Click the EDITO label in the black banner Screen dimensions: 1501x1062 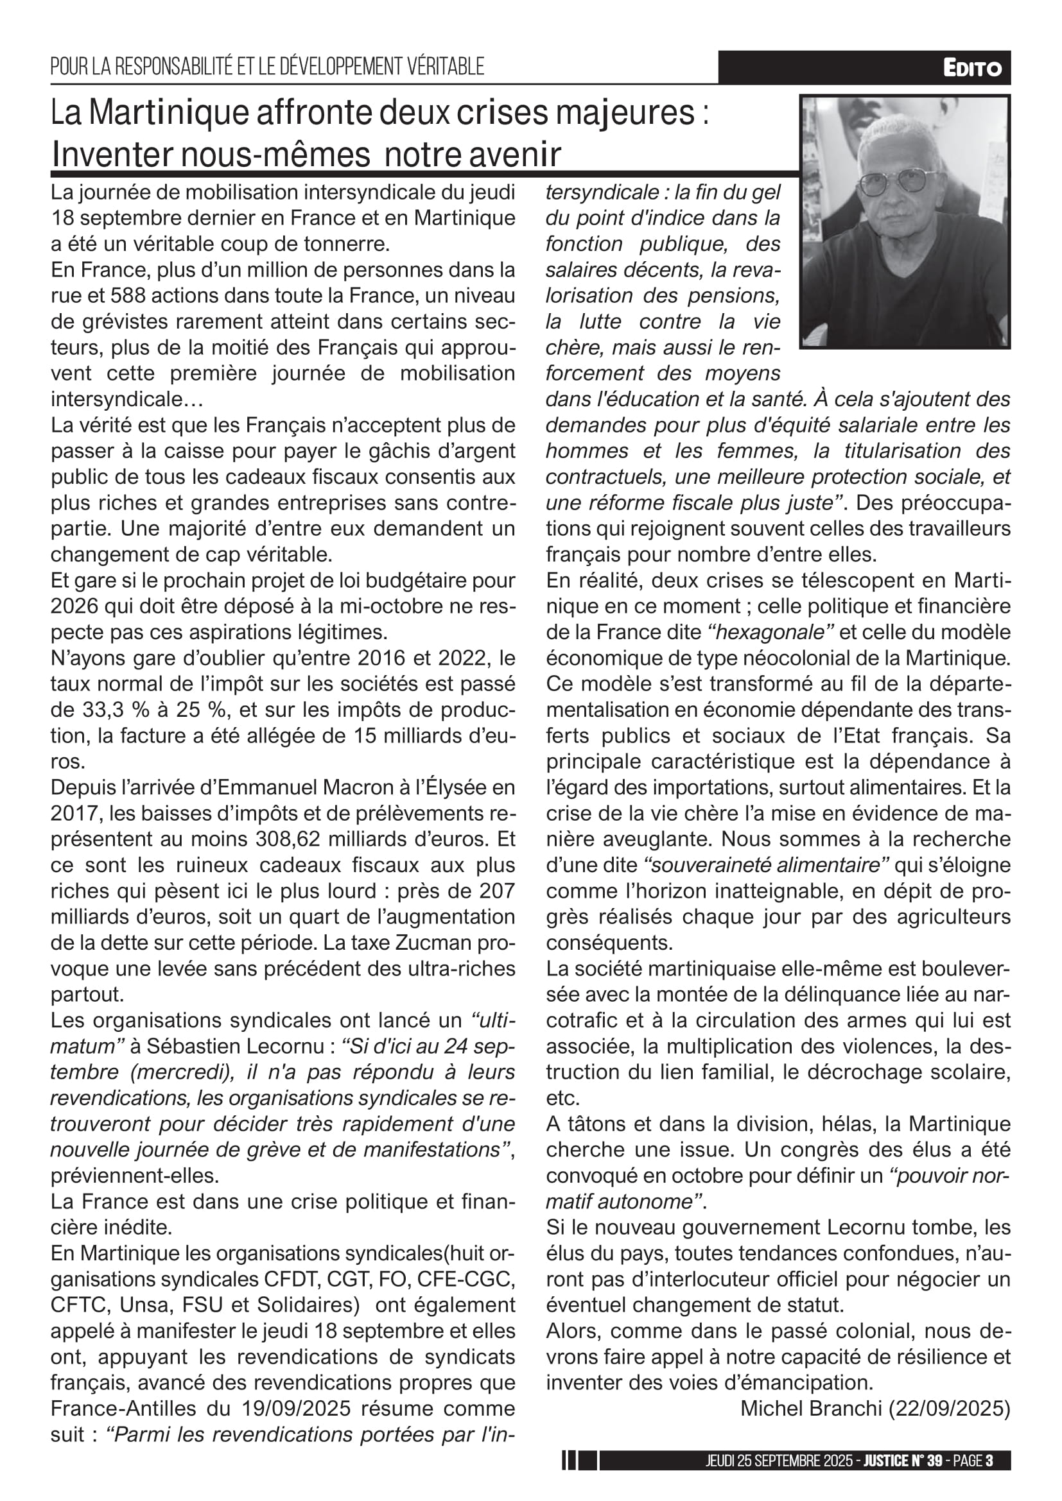click(x=971, y=68)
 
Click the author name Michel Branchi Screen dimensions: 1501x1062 click(x=811, y=1408)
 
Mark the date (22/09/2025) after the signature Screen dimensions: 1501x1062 click(x=949, y=1408)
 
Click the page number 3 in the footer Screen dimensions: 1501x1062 click(x=989, y=1461)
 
